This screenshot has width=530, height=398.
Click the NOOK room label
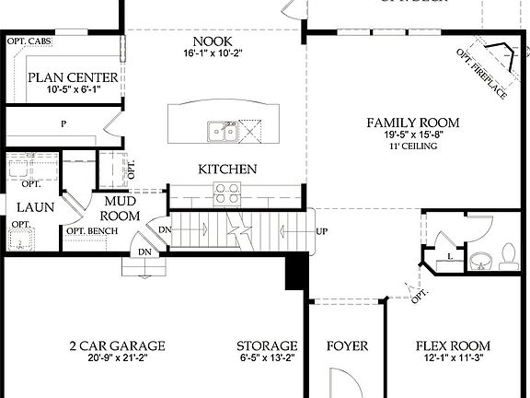click(212, 42)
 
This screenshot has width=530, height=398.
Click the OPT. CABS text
click(29, 42)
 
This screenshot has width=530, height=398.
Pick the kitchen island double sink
click(221, 132)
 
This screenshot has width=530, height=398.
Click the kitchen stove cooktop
click(227, 193)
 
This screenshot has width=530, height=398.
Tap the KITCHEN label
click(227, 170)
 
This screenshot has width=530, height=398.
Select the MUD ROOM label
click(121, 208)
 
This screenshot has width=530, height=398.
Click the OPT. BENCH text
click(85, 230)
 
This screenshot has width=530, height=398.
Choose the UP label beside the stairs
click(322, 231)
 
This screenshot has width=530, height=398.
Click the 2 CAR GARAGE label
click(117, 346)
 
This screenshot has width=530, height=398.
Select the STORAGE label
click(267, 346)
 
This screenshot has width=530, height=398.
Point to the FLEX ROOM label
click(453, 346)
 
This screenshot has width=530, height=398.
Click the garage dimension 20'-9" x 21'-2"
click(117, 359)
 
